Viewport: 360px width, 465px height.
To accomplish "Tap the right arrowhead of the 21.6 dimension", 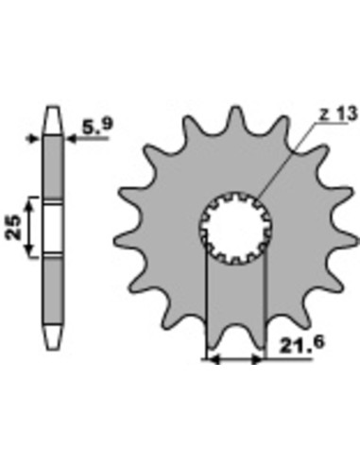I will (260, 359).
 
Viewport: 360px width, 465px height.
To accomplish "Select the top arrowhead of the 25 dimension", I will (33, 202).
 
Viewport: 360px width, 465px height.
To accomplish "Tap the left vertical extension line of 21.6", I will (206, 302).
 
